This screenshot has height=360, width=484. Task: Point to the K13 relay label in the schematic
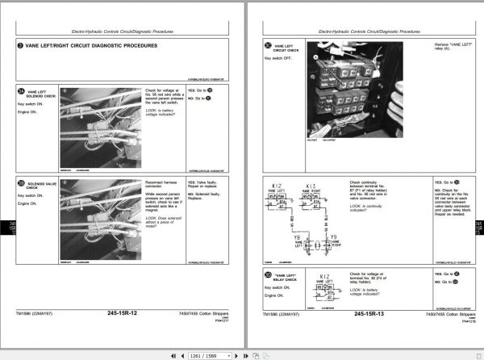[x=311, y=186]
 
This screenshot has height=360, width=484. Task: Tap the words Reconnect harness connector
[x=165, y=186]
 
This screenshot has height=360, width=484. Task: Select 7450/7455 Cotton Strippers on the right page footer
[x=449, y=313]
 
